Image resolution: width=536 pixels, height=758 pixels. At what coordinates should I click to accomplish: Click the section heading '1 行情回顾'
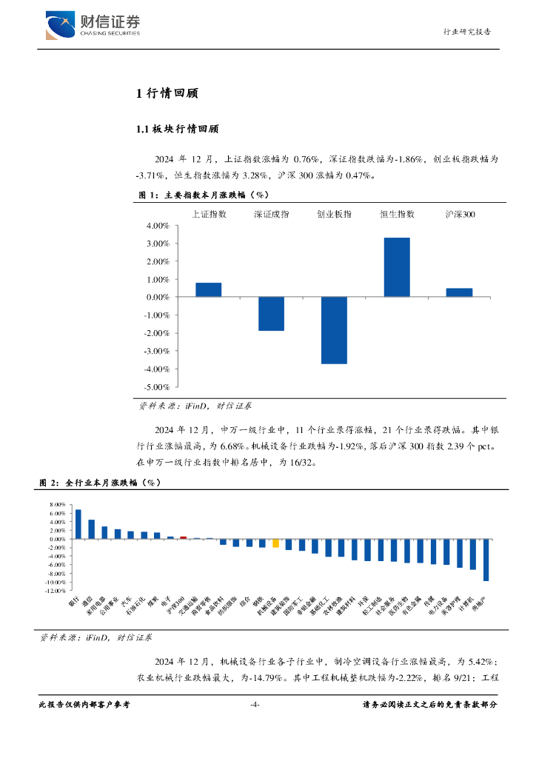point(166,93)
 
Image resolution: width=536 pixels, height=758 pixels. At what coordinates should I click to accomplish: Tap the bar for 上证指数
point(209,289)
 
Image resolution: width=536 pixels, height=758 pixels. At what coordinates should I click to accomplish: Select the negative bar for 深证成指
point(271,314)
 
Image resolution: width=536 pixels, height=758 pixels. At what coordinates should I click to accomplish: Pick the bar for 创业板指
point(334,330)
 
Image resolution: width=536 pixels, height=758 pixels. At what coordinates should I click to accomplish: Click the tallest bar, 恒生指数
point(397,267)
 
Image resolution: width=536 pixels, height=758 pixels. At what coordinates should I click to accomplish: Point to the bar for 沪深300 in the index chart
point(459,292)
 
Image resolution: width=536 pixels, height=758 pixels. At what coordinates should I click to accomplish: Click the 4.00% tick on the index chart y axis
point(159,226)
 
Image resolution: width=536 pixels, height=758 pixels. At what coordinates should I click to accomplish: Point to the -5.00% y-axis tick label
point(158,387)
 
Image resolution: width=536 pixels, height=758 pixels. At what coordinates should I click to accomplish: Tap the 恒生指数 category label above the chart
point(397,214)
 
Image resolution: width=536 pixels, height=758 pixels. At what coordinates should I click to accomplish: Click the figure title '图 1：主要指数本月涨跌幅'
point(203,195)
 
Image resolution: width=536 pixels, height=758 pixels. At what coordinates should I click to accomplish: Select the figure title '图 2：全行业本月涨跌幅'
point(100,483)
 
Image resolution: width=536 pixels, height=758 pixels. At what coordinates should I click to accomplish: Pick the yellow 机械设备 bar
point(275,543)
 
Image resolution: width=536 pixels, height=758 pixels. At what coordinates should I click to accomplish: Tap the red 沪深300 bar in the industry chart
point(184,537)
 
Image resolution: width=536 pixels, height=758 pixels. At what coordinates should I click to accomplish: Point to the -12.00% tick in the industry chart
point(56,591)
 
